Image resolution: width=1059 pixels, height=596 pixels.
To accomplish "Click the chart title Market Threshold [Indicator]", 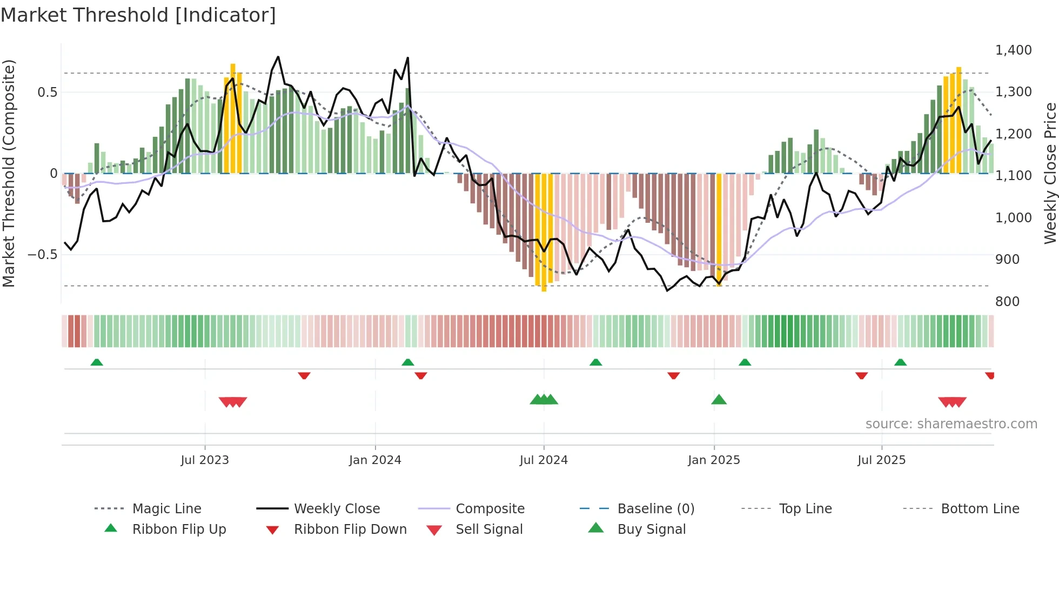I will click(x=138, y=15).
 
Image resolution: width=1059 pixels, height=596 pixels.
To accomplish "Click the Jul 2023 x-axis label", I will click(x=205, y=460).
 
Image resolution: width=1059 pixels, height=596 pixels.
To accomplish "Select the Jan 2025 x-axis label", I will click(x=714, y=460).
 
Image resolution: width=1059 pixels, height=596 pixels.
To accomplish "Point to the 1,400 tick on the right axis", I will click(x=1013, y=50).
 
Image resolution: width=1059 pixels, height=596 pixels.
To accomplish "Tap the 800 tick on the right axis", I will click(x=1007, y=301).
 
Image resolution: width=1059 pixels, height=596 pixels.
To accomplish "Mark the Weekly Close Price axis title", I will click(x=1050, y=173).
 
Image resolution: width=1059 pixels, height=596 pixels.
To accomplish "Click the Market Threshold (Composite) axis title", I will click(x=9, y=173).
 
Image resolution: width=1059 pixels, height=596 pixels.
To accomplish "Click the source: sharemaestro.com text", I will click(x=951, y=423).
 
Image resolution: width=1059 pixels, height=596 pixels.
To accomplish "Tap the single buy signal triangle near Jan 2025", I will click(x=719, y=400).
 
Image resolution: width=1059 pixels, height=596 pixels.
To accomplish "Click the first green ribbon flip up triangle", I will click(x=97, y=362).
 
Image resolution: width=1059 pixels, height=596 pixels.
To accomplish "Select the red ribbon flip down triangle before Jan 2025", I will click(x=673, y=375).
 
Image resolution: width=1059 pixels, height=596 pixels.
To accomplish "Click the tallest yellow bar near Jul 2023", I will click(x=233, y=119).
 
